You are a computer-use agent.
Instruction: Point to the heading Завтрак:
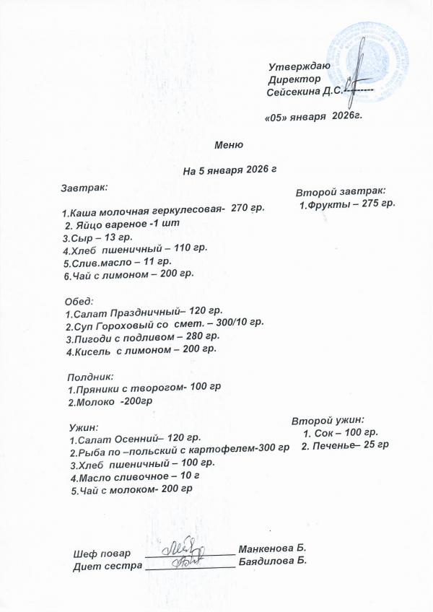84,187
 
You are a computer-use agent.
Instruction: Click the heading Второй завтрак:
341,191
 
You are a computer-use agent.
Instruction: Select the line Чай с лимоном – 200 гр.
128,275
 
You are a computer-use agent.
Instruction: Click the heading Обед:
80,300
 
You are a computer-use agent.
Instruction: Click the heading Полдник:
91,376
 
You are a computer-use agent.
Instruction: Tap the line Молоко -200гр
112,401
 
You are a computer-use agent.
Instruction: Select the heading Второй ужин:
328,419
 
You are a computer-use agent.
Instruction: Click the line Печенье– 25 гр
345,445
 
